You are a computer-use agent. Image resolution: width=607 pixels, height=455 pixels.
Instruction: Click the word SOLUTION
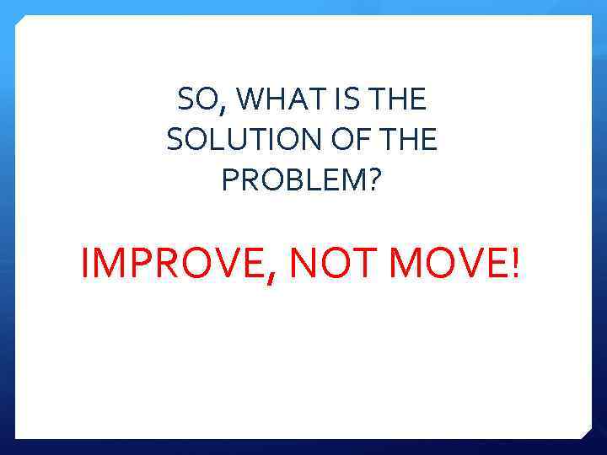click(231, 141)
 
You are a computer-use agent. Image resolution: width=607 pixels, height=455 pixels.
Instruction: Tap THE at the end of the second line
click(409, 141)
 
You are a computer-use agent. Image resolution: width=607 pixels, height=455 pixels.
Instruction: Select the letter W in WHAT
click(252, 101)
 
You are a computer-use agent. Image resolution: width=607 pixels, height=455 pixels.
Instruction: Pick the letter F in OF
click(354, 141)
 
